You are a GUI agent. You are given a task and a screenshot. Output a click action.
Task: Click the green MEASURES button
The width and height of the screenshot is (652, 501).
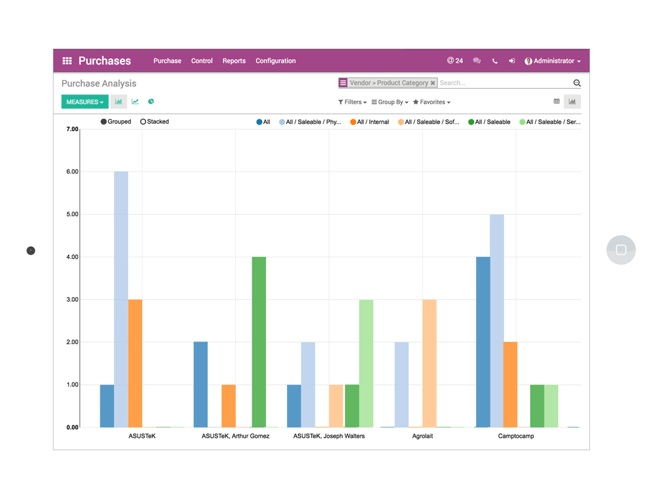tap(85, 102)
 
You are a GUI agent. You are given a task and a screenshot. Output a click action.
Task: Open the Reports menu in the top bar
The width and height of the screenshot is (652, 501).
tap(234, 61)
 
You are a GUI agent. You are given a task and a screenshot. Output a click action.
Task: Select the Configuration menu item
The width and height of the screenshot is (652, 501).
tap(275, 61)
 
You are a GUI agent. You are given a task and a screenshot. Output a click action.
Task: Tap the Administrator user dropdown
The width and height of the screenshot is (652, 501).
tap(553, 61)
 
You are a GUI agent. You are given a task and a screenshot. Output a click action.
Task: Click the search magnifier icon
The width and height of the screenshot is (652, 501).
tap(577, 83)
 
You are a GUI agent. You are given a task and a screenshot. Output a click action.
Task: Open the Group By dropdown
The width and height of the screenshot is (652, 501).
tap(390, 102)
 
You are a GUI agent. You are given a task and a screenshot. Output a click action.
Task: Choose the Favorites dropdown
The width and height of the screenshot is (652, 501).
tap(432, 102)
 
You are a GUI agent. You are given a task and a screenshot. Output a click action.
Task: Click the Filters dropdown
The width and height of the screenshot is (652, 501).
tap(352, 102)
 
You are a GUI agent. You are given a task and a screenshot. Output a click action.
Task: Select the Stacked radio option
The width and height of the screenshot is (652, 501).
tap(143, 122)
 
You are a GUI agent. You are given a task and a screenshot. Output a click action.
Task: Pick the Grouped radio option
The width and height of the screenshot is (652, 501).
tap(104, 122)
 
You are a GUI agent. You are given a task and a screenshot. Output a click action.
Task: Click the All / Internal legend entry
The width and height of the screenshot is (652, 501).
tap(369, 122)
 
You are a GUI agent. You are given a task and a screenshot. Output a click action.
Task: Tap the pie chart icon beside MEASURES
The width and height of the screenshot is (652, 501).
tap(151, 102)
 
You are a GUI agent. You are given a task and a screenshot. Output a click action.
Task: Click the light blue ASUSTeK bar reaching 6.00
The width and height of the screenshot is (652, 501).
tap(121, 300)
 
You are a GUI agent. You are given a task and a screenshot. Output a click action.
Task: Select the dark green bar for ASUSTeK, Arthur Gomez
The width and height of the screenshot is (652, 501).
tap(259, 342)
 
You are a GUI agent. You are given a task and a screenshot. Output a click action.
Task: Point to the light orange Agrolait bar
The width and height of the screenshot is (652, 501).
tap(430, 364)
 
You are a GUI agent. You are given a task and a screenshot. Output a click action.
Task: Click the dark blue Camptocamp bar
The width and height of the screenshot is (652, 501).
tap(483, 342)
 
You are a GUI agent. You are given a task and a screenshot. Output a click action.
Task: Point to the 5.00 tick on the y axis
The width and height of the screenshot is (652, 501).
tap(72, 214)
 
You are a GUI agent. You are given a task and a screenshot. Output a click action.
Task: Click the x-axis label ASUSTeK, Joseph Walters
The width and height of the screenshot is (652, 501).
tap(329, 436)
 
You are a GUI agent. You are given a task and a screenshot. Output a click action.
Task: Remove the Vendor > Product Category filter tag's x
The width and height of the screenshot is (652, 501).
tap(433, 83)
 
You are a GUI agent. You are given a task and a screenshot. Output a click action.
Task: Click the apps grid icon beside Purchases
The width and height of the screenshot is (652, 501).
tap(67, 61)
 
